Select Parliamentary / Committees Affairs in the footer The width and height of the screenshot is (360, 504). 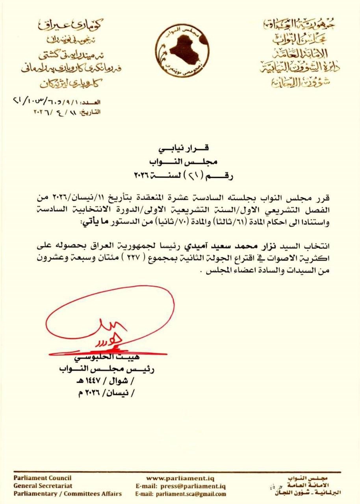click(x=67, y=494)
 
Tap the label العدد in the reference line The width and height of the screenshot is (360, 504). click(x=93, y=102)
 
